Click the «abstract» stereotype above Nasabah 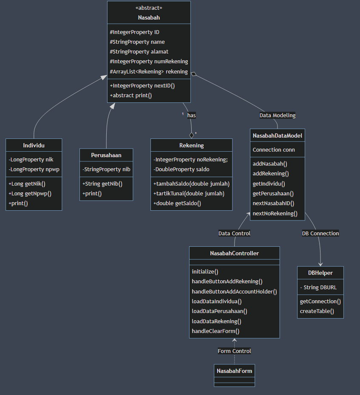(x=149, y=8)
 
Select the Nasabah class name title (x=149, y=17)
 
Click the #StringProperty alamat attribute (x=139, y=51)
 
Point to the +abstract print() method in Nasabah (x=130, y=95)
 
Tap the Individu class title (x=34, y=145)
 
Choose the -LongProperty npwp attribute (x=34, y=169)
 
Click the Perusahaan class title (x=106, y=155)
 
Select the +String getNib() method (x=102, y=183)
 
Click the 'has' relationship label (x=191, y=115)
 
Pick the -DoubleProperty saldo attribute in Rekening (x=181, y=169)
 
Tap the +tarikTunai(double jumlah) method (x=189, y=193)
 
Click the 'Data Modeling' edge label (x=278, y=115)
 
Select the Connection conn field (x=274, y=150)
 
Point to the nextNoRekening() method (x=275, y=213)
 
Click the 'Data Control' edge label (x=234, y=233)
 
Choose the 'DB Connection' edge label (x=320, y=233)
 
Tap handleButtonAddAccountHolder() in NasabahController (x=234, y=291)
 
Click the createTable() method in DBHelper (x=317, y=311)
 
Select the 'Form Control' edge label (x=234, y=351)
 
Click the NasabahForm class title (x=234, y=371)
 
